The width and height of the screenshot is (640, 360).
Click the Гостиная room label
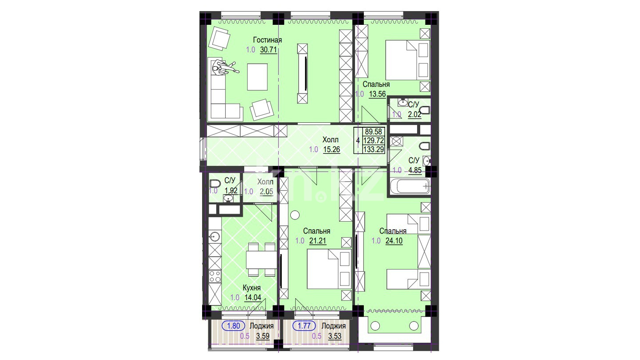coord(267,40)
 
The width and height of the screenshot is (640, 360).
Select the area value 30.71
coord(269,50)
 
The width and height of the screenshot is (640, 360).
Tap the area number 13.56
coord(377,94)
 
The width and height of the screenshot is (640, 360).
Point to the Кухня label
coord(252,288)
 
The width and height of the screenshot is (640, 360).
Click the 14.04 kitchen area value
coord(253,297)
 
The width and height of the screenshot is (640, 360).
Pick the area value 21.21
coord(318,241)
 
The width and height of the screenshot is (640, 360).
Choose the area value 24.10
coord(394,241)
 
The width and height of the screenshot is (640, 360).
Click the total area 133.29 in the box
coord(374,149)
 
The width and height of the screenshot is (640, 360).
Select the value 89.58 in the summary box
coord(374,131)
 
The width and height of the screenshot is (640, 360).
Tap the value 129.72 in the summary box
coord(374,140)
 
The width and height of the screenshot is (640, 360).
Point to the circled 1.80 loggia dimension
coord(233,326)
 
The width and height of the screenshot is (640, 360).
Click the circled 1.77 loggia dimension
coord(304,326)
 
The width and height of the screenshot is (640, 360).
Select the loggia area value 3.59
coord(263,336)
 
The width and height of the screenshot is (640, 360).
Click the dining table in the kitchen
coord(261,260)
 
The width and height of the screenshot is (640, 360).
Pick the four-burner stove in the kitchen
coord(215,276)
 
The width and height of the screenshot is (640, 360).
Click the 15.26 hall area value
coord(332,149)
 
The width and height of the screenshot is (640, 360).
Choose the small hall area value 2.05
coord(266,192)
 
